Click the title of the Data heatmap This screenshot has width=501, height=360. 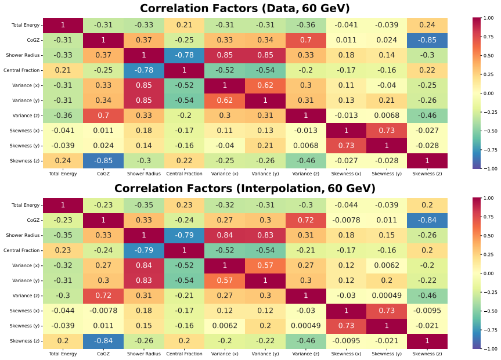pyautogui.click(x=245, y=8)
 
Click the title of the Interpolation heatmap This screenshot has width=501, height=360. pyautogui.click(x=245, y=188)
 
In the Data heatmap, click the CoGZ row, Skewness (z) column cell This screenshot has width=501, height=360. pyautogui.click(x=427, y=40)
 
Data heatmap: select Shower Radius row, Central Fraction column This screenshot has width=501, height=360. pyautogui.click(x=185, y=55)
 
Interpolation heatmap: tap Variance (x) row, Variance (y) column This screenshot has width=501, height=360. pyautogui.click(x=265, y=265)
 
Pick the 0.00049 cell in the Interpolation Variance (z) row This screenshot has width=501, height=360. pyautogui.click(x=387, y=296)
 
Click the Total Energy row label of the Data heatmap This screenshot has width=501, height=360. pyautogui.click(x=26, y=25)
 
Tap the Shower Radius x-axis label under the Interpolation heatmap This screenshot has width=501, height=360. pyautogui.click(x=144, y=354)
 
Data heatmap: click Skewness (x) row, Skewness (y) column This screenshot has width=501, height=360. pyautogui.click(x=387, y=131)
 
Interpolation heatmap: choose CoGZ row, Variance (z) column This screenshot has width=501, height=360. pyautogui.click(x=306, y=220)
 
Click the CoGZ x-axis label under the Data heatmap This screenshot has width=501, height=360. pyautogui.click(x=103, y=174)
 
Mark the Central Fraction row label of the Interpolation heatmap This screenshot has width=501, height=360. pyautogui.click(x=21, y=250)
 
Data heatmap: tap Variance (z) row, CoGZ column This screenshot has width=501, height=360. pyautogui.click(x=103, y=116)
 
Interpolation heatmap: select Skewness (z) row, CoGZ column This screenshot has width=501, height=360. pyautogui.click(x=103, y=341)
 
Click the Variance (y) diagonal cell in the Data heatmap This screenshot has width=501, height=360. pyautogui.click(x=265, y=100)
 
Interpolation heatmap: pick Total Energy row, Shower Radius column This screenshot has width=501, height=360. pyautogui.click(x=144, y=205)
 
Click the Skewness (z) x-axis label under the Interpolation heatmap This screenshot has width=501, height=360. pyautogui.click(x=427, y=354)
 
